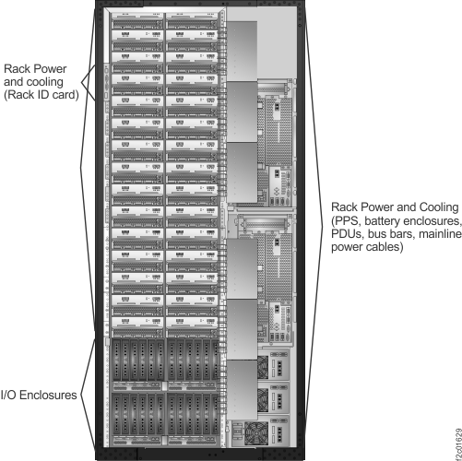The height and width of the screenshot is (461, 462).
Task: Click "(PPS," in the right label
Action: click(346, 222)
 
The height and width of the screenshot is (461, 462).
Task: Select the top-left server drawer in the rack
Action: click(136, 19)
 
